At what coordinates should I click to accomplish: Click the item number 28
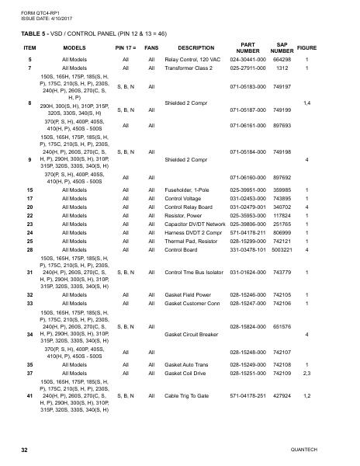tap(29, 249)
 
